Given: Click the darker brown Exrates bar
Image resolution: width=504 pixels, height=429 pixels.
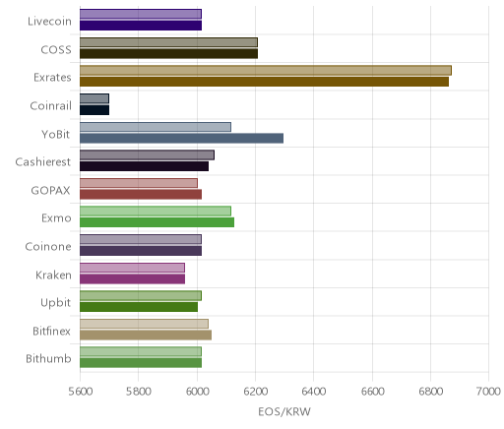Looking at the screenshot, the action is pos(264,82).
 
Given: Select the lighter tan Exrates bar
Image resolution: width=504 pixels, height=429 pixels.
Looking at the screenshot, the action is pos(266,71).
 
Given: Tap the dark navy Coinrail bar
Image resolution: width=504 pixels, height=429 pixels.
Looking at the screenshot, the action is pos(94,110).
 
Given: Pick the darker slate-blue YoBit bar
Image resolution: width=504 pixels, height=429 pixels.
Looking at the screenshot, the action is pos(181,138).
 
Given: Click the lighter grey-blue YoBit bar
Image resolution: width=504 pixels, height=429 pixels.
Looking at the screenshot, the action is pos(156,127).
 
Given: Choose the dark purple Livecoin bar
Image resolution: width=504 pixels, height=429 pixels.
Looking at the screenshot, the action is pos(141,26).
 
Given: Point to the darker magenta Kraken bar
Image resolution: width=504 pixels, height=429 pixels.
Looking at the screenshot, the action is pos(132,279).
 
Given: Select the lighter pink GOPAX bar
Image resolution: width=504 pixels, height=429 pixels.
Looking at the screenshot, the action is pos(139,183).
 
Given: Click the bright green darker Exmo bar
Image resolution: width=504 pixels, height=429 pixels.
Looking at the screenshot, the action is pos(157,222).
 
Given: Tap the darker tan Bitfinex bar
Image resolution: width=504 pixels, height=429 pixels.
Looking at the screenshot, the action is pos(146,335).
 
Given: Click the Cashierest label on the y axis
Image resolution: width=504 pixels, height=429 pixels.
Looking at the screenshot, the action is pos(43,162).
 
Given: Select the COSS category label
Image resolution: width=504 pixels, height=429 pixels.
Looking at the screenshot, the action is pos(56,50).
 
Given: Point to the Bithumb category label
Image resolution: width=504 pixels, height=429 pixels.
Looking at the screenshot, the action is pos(48,358).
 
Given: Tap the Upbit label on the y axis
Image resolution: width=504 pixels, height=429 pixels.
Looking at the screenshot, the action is pos(56,303).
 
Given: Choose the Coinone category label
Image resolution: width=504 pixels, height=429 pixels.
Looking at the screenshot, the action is pos(48,246).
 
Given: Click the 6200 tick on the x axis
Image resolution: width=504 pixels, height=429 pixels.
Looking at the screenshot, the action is pos(256,392).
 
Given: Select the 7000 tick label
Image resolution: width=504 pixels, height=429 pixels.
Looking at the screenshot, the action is pos(488,392).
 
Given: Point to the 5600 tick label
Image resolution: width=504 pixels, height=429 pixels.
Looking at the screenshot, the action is pos(81,392).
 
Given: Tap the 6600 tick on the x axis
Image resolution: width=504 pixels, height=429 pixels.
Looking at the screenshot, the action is pos(372,392).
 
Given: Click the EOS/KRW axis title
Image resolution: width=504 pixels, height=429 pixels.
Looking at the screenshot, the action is pos(284,411).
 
